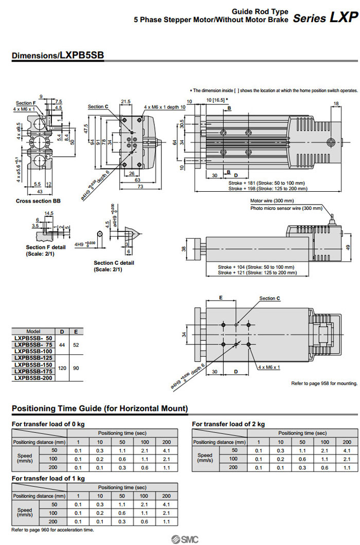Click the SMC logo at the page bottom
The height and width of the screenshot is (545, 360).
point(179,538)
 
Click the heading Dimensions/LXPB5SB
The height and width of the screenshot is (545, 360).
point(57,56)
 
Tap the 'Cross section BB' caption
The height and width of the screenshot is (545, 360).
point(38,201)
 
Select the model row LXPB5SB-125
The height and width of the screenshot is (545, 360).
point(33,357)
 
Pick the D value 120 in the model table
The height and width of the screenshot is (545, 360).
point(62,368)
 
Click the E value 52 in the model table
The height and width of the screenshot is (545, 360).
point(76,344)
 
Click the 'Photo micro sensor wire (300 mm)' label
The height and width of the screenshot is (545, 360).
point(286,208)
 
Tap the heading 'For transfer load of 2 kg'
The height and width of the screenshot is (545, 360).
point(228,424)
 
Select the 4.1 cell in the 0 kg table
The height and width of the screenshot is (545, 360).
point(167,450)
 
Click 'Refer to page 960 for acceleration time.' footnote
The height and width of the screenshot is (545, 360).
point(52,530)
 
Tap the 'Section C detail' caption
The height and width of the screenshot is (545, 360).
point(114,263)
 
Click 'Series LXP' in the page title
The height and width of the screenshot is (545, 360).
point(325,18)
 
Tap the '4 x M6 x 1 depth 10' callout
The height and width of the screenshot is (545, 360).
point(164,106)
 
